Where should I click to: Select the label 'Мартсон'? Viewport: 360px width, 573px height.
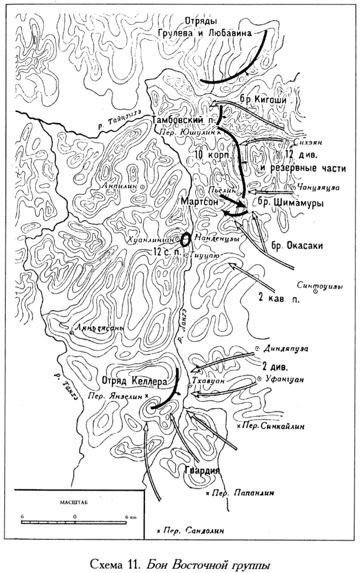coord(201,201)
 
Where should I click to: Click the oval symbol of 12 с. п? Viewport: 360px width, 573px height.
coord(185,240)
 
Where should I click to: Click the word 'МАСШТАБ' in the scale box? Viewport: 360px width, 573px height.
coord(72,502)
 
